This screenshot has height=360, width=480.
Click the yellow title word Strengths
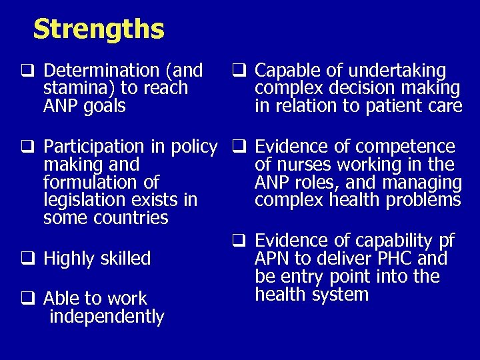98,29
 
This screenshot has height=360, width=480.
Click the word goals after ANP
104,107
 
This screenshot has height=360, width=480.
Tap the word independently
107,317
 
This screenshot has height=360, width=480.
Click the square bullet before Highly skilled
31,259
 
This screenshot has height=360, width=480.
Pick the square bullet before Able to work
31,299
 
